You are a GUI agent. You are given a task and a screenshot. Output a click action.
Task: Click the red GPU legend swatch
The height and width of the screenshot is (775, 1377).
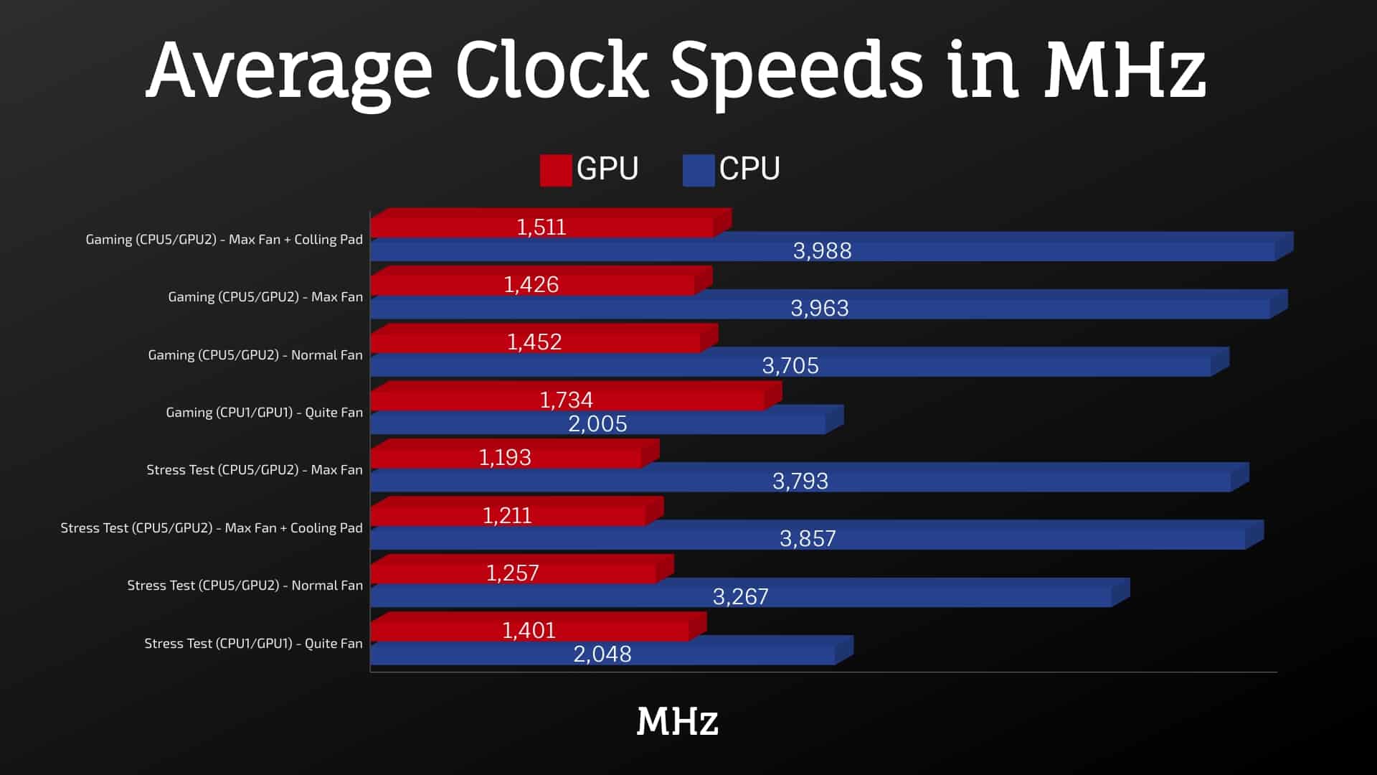pyautogui.click(x=556, y=170)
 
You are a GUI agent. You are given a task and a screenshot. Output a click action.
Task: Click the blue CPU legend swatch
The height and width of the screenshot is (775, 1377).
pyautogui.click(x=698, y=170)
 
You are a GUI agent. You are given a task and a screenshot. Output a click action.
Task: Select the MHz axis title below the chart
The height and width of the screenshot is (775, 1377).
pyautogui.click(x=677, y=721)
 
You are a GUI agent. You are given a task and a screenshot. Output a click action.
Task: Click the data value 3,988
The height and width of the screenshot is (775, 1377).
pyautogui.click(x=822, y=250)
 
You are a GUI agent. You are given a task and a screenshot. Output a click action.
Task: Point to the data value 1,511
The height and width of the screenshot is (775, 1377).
pyautogui.click(x=541, y=227)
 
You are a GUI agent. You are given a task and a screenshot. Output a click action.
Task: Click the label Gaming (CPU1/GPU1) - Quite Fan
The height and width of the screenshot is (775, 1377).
pyautogui.click(x=264, y=413)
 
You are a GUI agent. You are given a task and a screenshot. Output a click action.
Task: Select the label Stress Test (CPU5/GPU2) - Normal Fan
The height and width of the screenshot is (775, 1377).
pyautogui.click(x=245, y=586)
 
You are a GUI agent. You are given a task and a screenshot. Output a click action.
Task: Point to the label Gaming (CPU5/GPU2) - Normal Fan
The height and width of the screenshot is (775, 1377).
pyautogui.click(x=255, y=355)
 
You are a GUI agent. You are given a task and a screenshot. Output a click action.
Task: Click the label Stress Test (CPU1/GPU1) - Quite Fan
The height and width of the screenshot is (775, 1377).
pyautogui.click(x=253, y=644)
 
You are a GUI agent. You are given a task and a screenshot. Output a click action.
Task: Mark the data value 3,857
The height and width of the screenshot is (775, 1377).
pyautogui.click(x=808, y=538)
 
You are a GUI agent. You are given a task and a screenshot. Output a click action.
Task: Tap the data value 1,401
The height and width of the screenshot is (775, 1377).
pyautogui.click(x=529, y=630)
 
